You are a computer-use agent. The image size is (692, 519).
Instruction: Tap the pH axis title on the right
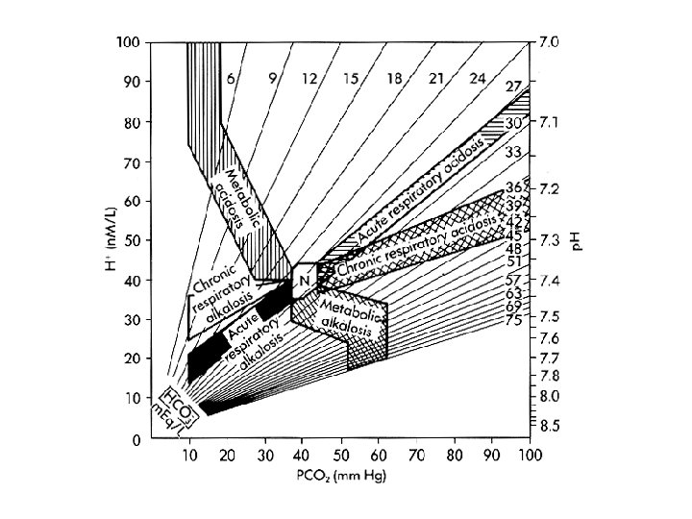click(x=578, y=240)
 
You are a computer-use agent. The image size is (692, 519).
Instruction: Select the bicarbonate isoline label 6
click(x=232, y=80)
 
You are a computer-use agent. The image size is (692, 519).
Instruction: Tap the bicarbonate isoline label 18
click(x=393, y=80)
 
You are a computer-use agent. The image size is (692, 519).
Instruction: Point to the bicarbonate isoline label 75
click(x=514, y=319)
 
